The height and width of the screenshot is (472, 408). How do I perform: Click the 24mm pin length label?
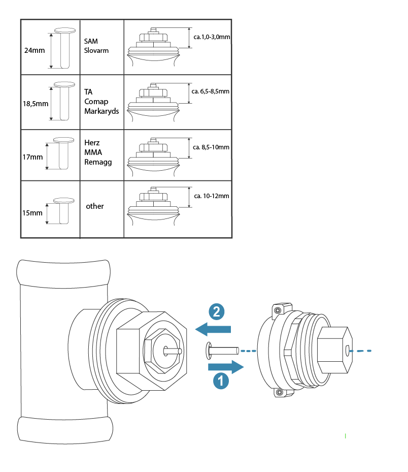point(35,50)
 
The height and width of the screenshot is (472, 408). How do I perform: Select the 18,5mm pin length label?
point(36,104)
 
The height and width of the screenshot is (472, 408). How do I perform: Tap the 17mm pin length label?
point(32,157)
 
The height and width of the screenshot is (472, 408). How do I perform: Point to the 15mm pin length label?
point(32,213)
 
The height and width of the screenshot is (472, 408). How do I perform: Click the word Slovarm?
point(96,51)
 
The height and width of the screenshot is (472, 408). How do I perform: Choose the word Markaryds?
point(101,111)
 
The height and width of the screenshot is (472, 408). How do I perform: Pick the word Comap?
point(96,102)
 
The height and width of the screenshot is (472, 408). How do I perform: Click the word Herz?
point(92,143)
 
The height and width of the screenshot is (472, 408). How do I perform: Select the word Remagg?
point(98,162)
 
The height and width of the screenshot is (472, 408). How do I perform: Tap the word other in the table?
point(95,206)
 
